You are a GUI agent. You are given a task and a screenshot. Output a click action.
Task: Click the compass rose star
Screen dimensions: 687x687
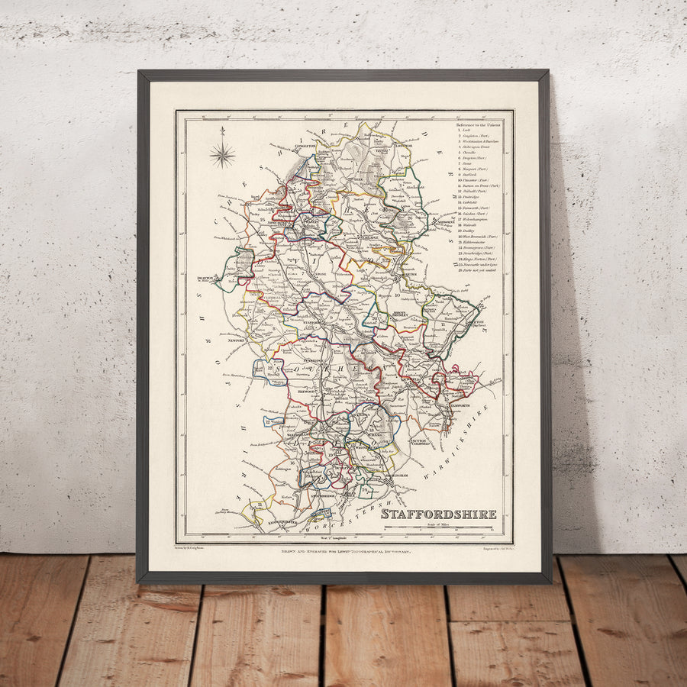[x=223, y=155]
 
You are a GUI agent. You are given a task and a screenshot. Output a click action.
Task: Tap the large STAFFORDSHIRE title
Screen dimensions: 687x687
[x=439, y=514]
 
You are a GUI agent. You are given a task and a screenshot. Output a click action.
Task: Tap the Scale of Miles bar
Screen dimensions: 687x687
[x=439, y=527]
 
